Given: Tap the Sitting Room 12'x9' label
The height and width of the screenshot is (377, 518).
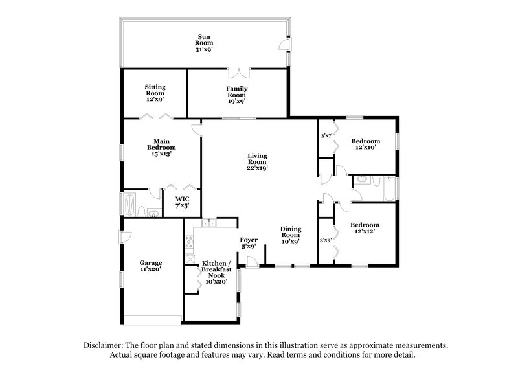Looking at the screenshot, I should pos(155,93).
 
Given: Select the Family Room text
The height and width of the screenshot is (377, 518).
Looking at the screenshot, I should pos(236,95).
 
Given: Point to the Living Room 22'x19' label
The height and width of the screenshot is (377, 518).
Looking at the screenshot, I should pos(257,161).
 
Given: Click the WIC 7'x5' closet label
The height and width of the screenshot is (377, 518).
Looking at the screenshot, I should pos(181,201).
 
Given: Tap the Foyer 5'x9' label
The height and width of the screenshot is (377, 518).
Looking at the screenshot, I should pos(249,242).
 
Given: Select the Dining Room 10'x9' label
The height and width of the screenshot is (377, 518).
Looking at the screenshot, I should pos(290,235).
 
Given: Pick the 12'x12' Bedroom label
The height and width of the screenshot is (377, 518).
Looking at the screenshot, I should pos(364,229).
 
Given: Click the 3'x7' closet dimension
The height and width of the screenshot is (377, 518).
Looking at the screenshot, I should pos(326,136).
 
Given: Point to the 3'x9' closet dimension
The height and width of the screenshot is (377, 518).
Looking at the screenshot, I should pos(326,240).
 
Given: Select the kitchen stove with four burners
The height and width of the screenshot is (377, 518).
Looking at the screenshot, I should pos(190,244).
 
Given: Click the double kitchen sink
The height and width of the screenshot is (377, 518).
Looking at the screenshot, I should pos(208,223).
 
